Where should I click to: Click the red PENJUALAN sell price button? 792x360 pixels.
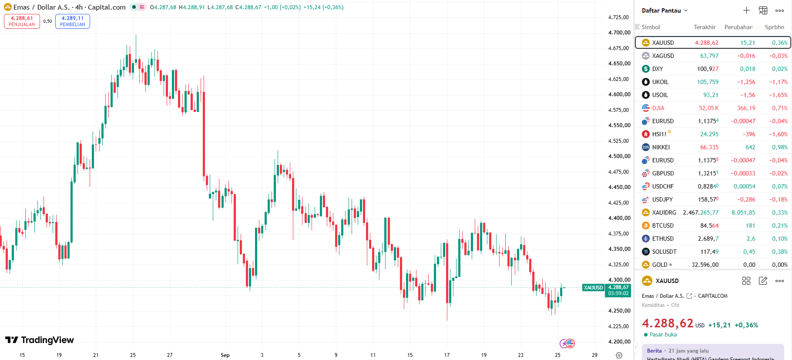(x=22, y=21)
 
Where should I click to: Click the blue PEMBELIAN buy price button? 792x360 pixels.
(x=73, y=21)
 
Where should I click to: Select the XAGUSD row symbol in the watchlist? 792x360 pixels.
(x=663, y=56)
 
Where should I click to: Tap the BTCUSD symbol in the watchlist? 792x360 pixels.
(x=663, y=225)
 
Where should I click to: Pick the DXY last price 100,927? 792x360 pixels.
(x=708, y=69)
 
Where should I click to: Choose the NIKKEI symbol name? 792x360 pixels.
(x=661, y=147)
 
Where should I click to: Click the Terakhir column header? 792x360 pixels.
(x=705, y=27)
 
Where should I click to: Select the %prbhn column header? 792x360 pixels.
(x=774, y=27)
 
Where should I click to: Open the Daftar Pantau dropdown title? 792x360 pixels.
(x=664, y=10)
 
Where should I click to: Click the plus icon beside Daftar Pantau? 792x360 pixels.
(x=746, y=10)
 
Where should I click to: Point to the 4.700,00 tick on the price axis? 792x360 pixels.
(x=619, y=33)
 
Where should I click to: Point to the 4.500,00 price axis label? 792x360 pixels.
(x=619, y=156)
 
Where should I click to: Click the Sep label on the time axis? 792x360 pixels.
(x=225, y=355)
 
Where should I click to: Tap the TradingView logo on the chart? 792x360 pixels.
(x=40, y=340)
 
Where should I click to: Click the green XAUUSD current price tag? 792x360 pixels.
(x=618, y=290)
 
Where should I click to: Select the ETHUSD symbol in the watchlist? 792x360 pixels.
(x=663, y=239)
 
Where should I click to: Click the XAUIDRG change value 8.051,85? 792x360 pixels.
(x=743, y=212)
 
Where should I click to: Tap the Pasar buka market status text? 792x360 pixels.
(x=663, y=335)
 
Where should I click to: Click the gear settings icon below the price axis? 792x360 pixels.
(x=619, y=355)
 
